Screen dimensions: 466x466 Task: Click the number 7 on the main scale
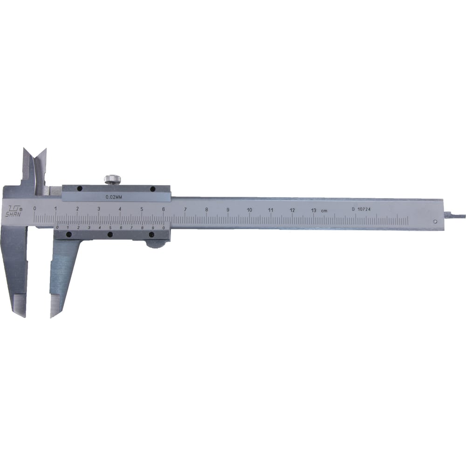[x=185, y=209]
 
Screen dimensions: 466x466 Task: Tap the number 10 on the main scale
[x=249, y=210]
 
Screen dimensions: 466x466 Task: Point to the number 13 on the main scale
[x=314, y=210]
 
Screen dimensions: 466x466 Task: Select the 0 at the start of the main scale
[x=35, y=208]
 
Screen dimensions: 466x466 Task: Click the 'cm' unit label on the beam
[x=324, y=211]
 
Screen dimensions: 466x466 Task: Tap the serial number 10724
[x=364, y=209]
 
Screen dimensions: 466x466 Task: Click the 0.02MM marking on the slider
[x=114, y=197]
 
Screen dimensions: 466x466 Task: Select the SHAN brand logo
[x=14, y=211]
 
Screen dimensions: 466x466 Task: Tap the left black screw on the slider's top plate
[x=79, y=188]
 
